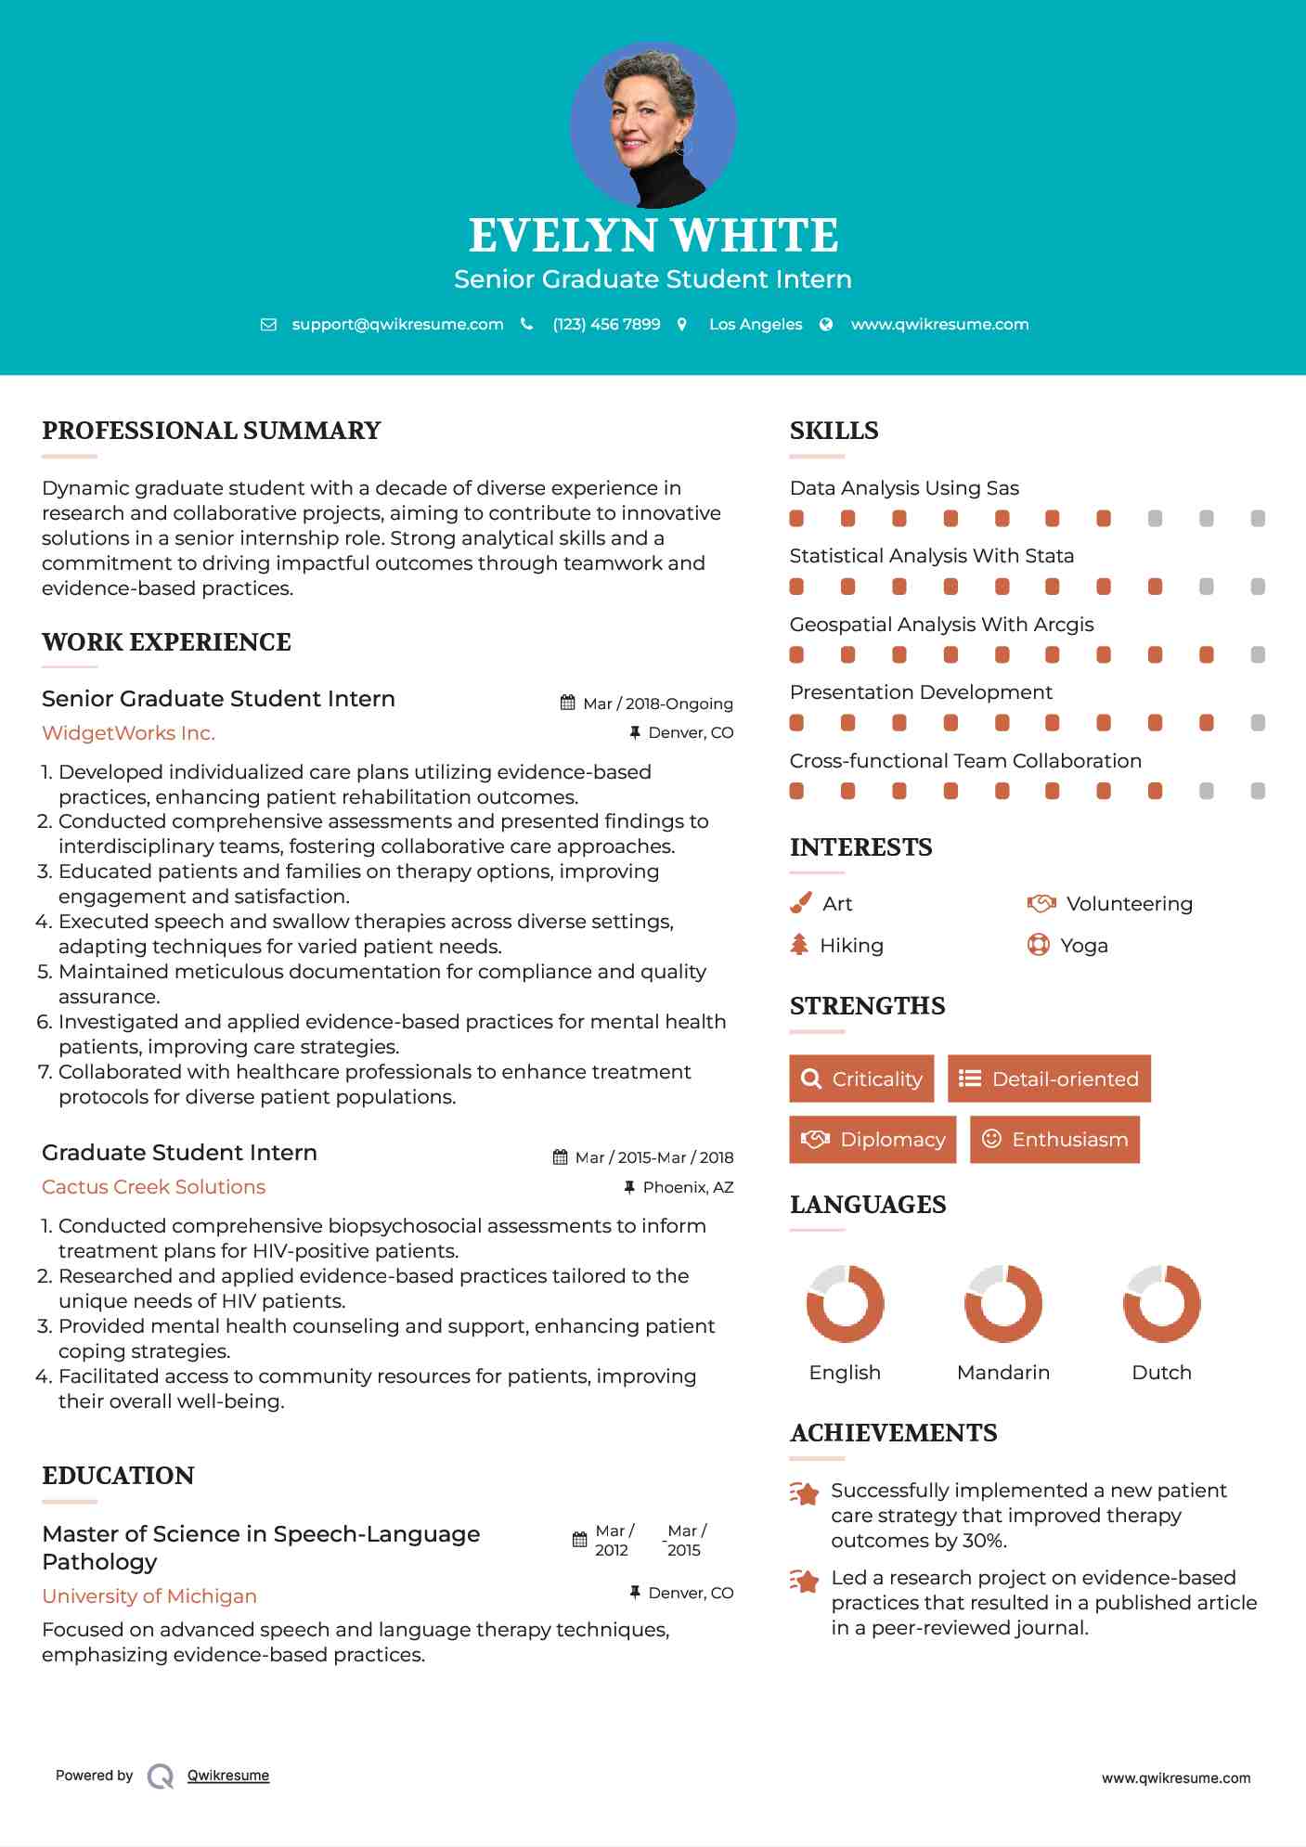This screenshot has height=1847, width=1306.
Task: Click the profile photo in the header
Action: coord(653,124)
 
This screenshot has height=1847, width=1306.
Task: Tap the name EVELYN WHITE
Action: coord(653,236)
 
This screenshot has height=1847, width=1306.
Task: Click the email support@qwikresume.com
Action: coord(397,325)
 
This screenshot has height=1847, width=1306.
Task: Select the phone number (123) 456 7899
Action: coord(606,325)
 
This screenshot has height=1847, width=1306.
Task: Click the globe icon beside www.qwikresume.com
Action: coord(826,325)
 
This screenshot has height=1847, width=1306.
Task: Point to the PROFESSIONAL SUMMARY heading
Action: coord(212,431)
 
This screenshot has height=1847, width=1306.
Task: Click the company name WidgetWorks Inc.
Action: coord(128,733)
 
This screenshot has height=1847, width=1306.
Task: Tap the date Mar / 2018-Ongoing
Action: coord(657,704)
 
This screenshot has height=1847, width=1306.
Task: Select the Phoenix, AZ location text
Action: coord(688,1187)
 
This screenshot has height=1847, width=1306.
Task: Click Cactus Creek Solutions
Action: coord(153,1187)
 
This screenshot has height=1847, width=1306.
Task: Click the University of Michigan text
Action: coord(149,1596)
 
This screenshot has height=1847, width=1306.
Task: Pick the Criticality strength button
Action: coord(861,1078)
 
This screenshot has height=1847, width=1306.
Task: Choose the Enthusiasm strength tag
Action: coord(1054,1139)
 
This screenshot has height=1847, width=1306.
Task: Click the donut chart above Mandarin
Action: coord(1003,1303)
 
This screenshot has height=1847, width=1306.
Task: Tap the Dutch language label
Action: coord(1161,1373)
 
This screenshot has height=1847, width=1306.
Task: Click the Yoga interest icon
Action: coord(1038,945)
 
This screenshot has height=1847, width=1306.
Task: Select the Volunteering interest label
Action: coord(1129,904)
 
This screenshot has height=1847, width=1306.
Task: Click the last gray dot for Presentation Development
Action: coord(1258,723)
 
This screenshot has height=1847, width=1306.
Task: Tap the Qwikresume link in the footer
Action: coord(228,1776)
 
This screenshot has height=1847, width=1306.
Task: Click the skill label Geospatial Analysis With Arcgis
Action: coord(941,625)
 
